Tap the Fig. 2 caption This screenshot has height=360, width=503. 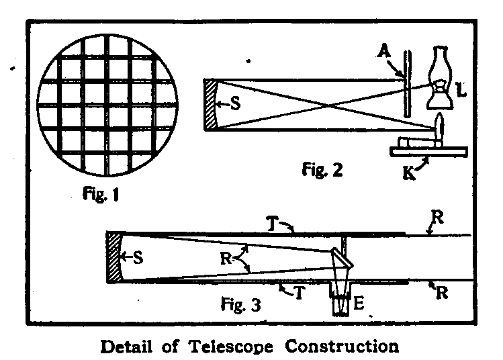point(322,169)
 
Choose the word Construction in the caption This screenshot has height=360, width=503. point(343,347)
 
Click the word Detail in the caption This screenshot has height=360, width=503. point(128,347)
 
